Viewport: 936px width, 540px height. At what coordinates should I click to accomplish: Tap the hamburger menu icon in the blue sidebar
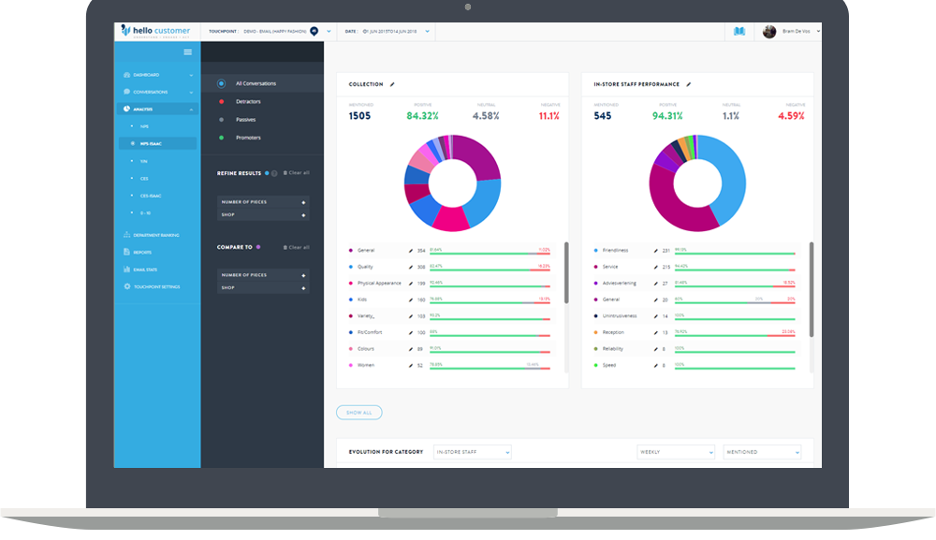[x=187, y=52]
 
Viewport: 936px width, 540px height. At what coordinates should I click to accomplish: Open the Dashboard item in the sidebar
[x=146, y=75]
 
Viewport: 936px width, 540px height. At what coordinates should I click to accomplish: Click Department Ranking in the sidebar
[x=155, y=235]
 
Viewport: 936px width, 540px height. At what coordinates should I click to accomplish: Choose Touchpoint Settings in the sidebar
[x=156, y=286]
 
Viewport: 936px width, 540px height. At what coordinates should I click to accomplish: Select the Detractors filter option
[x=248, y=101]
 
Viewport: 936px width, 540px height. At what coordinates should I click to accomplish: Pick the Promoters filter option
[x=248, y=138]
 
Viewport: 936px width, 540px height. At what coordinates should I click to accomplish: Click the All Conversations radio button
[x=221, y=83]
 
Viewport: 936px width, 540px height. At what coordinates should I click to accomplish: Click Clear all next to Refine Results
[x=299, y=173]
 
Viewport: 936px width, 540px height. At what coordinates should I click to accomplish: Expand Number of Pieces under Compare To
[x=263, y=275]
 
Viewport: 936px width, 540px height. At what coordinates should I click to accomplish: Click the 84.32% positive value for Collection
[x=422, y=116]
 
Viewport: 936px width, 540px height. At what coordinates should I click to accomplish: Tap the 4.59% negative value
[x=790, y=116]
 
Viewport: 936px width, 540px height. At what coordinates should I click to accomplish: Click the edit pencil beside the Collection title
[x=392, y=84]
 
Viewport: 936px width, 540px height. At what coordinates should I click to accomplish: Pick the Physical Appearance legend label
[x=379, y=284]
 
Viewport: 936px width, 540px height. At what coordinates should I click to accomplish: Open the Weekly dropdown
[x=675, y=452]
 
